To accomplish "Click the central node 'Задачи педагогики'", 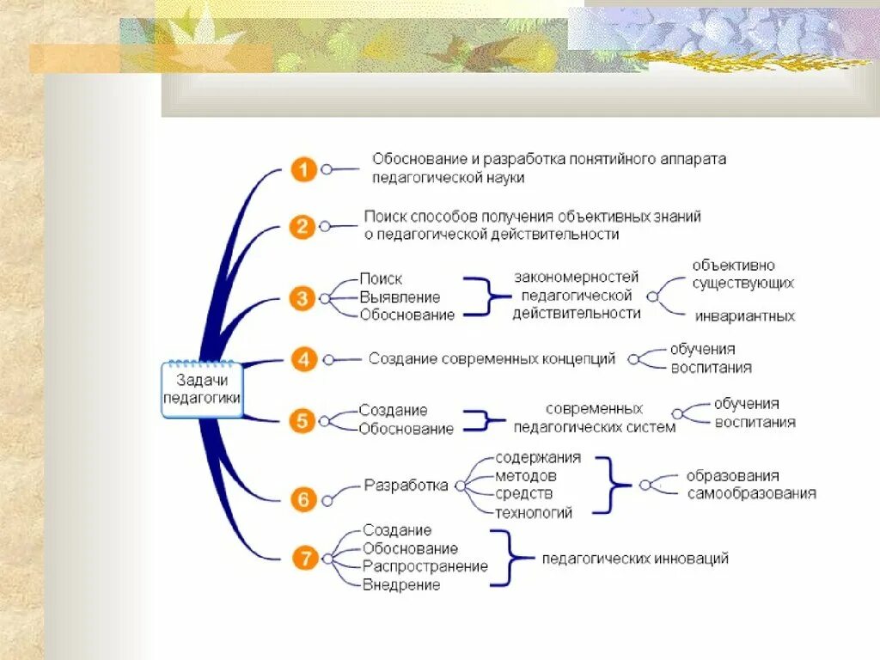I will tap(202, 389).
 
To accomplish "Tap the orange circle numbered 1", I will tap(302, 169).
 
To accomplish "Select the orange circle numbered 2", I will tap(302, 227).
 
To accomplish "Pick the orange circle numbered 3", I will tap(302, 298).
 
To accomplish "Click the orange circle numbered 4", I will tap(303, 358).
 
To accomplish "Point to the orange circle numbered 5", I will tap(302, 420).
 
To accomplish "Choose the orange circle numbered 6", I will tap(302, 499).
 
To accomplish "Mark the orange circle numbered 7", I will tap(304, 559).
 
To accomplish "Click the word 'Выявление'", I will tap(400, 297).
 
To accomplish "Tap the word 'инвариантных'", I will tap(744, 316).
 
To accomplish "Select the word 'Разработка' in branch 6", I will tap(406, 486).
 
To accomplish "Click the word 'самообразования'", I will tap(751, 493).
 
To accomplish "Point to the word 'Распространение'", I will tap(425, 566).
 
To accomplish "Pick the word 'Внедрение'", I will tap(400, 585).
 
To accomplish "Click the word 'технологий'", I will tap(533, 513).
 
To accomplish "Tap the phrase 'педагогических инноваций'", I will tap(635, 559).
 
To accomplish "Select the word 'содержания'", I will tap(538, 457).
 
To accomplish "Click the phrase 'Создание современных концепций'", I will tap(492, 358).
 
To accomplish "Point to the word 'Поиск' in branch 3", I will tap(381, 279).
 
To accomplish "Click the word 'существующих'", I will tap(743, 282).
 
